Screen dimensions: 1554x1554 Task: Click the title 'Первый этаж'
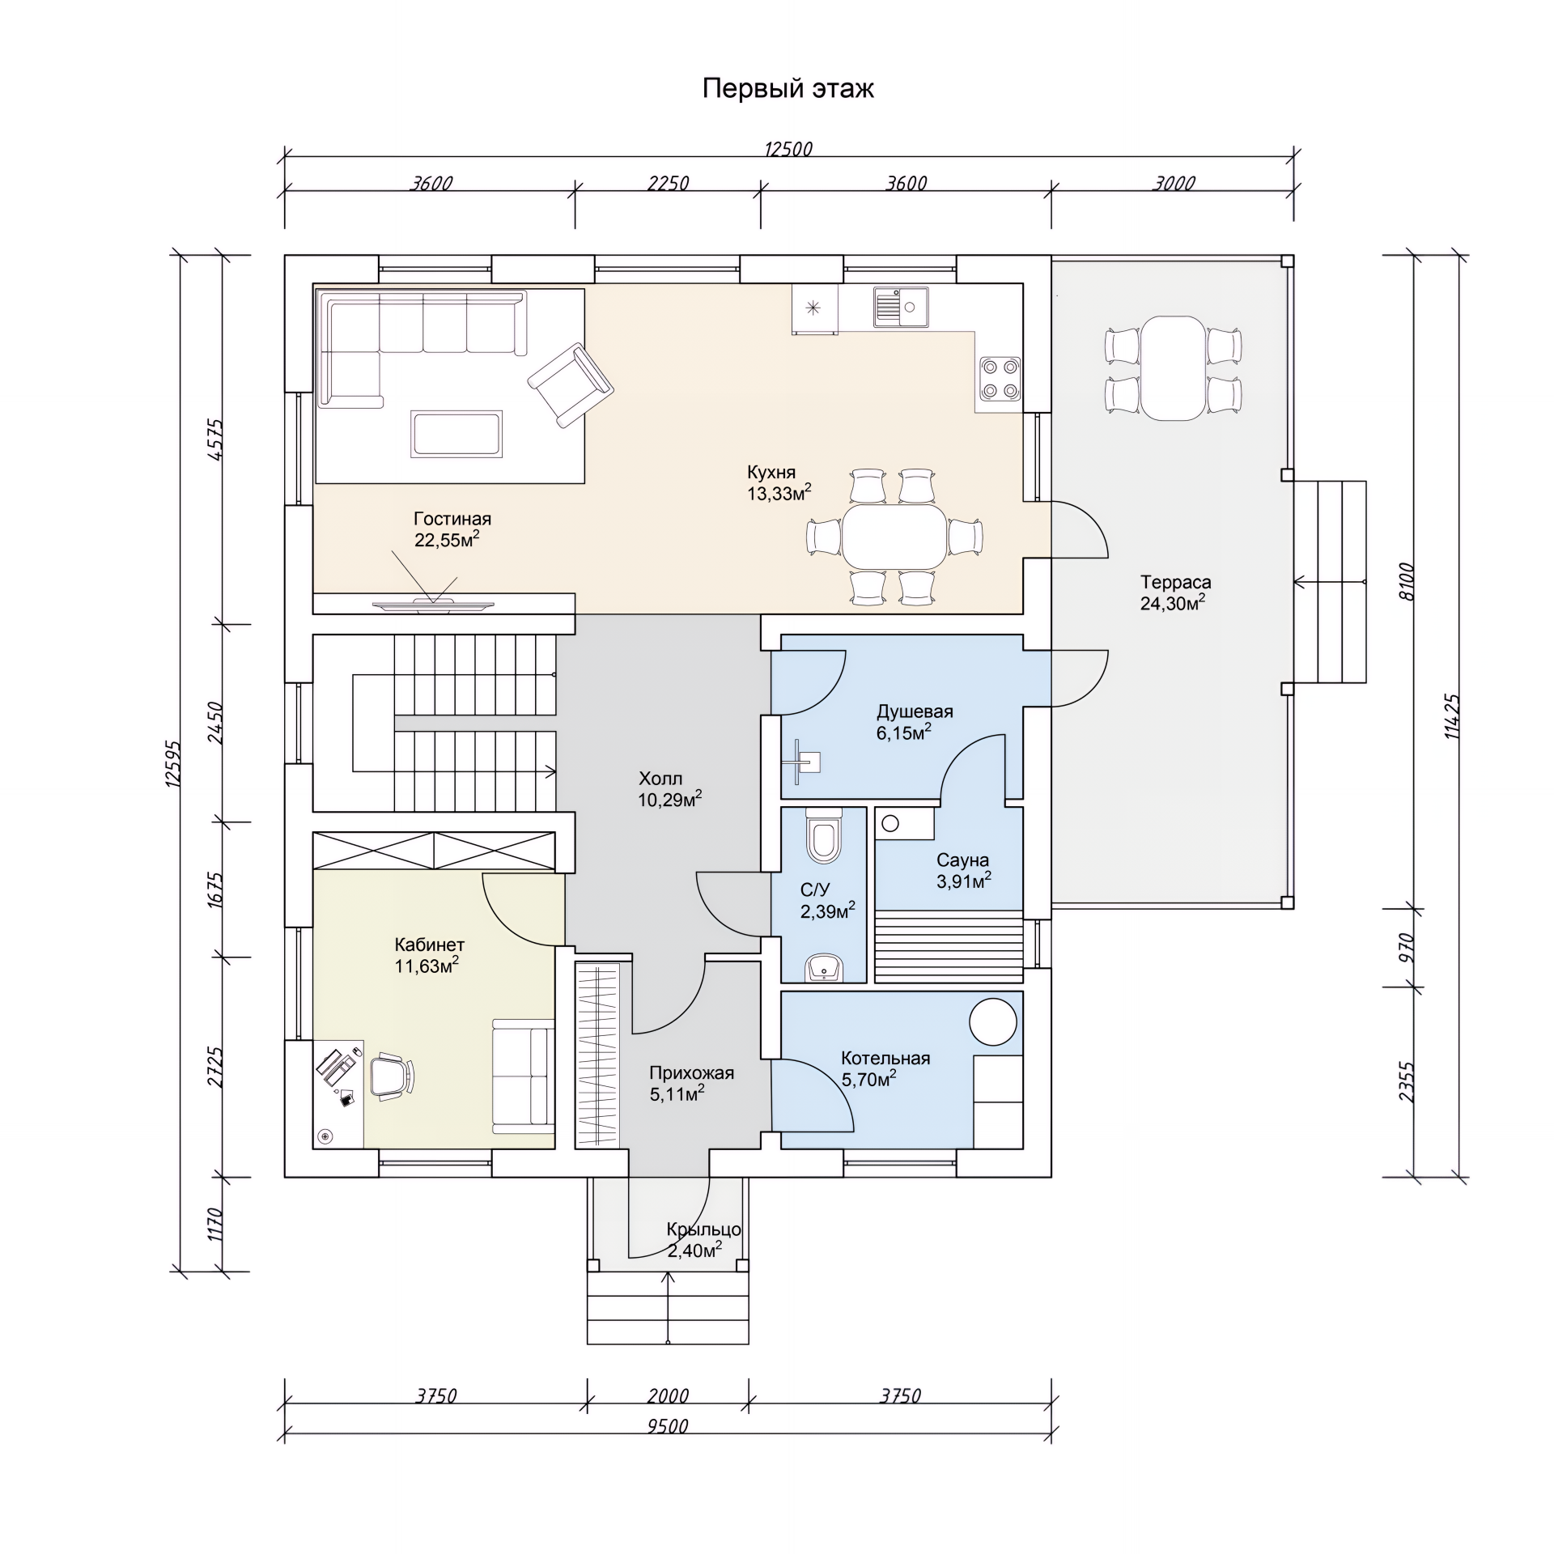coord(788,88)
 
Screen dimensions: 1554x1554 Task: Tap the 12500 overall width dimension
coord(788,149)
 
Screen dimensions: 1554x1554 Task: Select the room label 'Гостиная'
coord(452,519)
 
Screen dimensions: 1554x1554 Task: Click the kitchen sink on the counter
coord(900,307)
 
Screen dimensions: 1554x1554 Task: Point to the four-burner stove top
coord(999,379)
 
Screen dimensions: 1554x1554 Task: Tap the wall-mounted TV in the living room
coord(433,604)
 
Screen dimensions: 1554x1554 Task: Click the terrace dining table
coord(1173,368)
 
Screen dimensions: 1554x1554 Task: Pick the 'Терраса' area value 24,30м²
coord(1173,602)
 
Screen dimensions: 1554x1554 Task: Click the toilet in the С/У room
coord(824,834)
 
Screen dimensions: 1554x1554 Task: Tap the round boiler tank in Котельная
coord(993,1021)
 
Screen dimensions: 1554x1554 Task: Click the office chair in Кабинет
coord(393,1076)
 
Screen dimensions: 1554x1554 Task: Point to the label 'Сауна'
coord(962,860)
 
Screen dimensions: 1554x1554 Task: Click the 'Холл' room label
coord(660,779)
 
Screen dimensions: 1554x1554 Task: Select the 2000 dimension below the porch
coord(668,1395)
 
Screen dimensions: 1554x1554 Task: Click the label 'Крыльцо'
coord(703,1229)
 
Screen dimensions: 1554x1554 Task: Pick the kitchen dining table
coord(895,536)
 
